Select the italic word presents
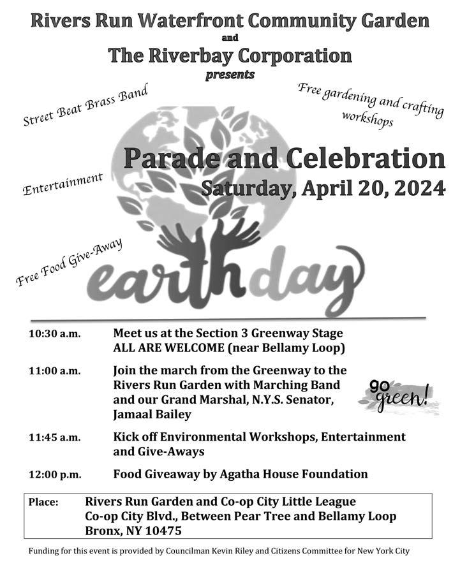click(x=230, y=75)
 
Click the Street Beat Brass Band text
click(x=85, y=105)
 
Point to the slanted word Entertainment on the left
click(x=63, y=184)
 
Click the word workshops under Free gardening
click(x=368, y=119)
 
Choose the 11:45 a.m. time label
click(x=54, y=438)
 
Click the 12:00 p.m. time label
click(x=54, y=475)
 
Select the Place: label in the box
click(x=43, y=503)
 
